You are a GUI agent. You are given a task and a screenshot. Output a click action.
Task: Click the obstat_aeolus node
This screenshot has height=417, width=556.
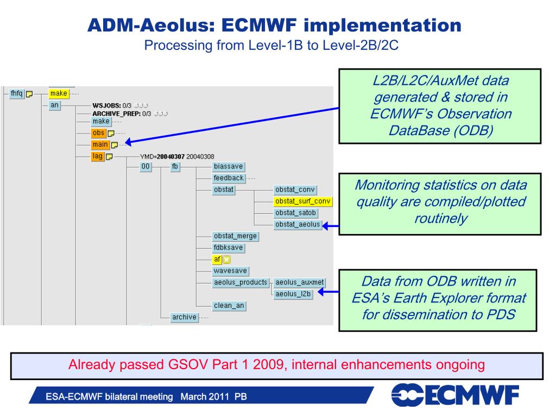[298, 225]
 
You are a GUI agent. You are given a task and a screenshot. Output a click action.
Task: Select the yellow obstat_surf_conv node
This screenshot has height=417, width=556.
[303, 201]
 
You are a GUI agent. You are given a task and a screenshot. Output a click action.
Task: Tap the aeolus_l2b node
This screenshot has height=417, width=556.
[293, 294]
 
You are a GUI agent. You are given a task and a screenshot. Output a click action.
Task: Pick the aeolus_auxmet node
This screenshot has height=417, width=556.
[299, 282]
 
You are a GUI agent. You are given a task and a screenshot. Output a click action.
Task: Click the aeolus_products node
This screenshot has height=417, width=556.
[241, 282]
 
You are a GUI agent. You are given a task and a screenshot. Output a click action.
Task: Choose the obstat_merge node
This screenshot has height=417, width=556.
[235, 236]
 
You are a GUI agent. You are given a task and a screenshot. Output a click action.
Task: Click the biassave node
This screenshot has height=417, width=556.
[229, 167]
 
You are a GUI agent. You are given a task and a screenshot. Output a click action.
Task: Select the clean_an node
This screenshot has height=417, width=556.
[229, 306]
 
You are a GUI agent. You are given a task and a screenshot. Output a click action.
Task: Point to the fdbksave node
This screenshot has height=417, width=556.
[229, 248]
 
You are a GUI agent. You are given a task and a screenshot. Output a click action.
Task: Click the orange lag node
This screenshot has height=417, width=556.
[98, 156]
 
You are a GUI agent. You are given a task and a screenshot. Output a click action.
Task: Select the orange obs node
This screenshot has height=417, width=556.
[98, 133]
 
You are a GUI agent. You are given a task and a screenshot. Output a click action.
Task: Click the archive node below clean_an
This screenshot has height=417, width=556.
[184, 317]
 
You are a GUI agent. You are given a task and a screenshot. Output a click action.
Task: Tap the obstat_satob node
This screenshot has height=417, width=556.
[295, 213]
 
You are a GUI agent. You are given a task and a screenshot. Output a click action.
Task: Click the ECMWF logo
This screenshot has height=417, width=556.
[455, 395]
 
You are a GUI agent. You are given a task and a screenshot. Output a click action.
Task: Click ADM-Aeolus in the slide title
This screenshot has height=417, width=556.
[149, 25]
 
